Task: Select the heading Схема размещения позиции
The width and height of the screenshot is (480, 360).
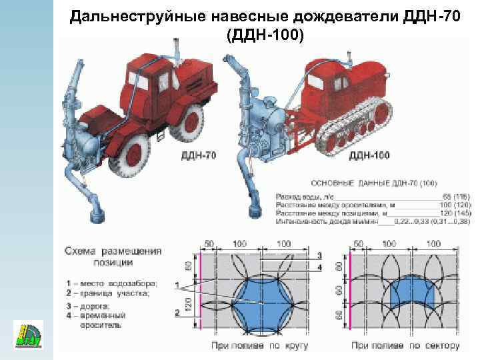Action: [113, 257]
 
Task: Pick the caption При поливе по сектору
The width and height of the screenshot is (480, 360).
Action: [406, 345]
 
